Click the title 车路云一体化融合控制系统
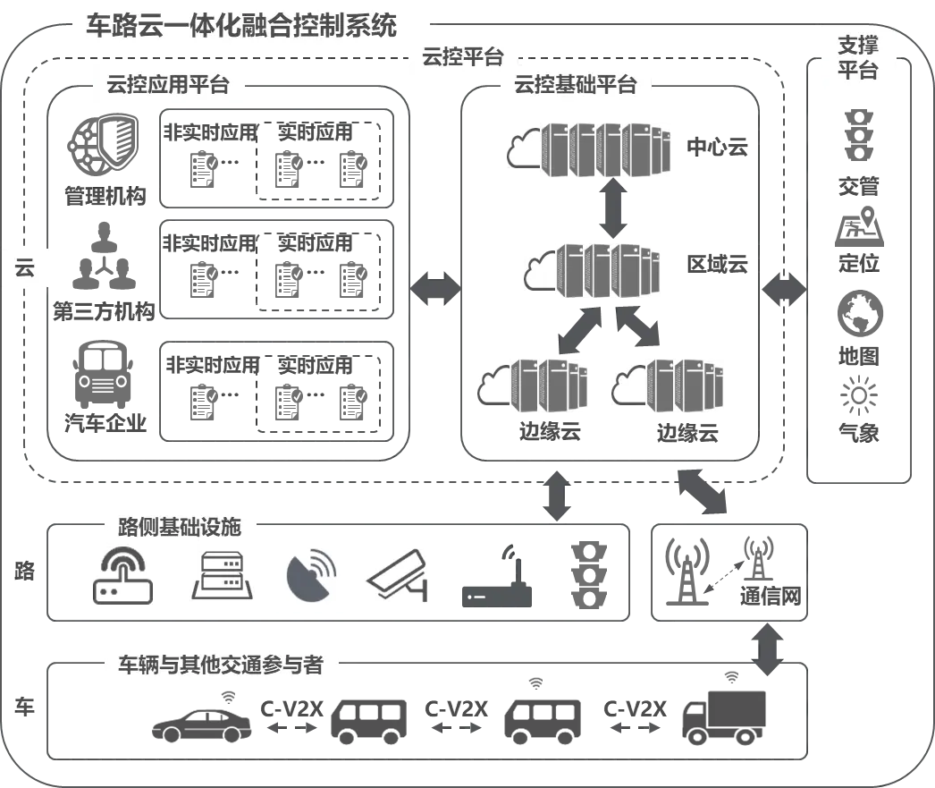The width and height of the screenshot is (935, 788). point(241,25)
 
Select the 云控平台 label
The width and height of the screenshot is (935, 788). point(462,58)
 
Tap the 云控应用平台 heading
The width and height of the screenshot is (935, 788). point(168,86)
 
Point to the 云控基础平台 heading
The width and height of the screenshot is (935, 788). point(576,86)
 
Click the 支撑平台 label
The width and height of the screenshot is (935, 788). point(858,58)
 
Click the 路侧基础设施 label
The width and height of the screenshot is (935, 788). point(180,527)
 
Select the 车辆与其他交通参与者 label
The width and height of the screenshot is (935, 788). point(221,665)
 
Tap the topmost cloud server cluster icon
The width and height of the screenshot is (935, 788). point(587,148)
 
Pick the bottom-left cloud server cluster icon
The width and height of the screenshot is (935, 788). point(535,386)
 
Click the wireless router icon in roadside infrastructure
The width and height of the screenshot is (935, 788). point(124,578)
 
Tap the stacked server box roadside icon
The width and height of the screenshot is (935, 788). point(221,578)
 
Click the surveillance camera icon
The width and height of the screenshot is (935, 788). point(393,578)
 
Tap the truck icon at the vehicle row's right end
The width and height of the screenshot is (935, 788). point(725,715)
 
